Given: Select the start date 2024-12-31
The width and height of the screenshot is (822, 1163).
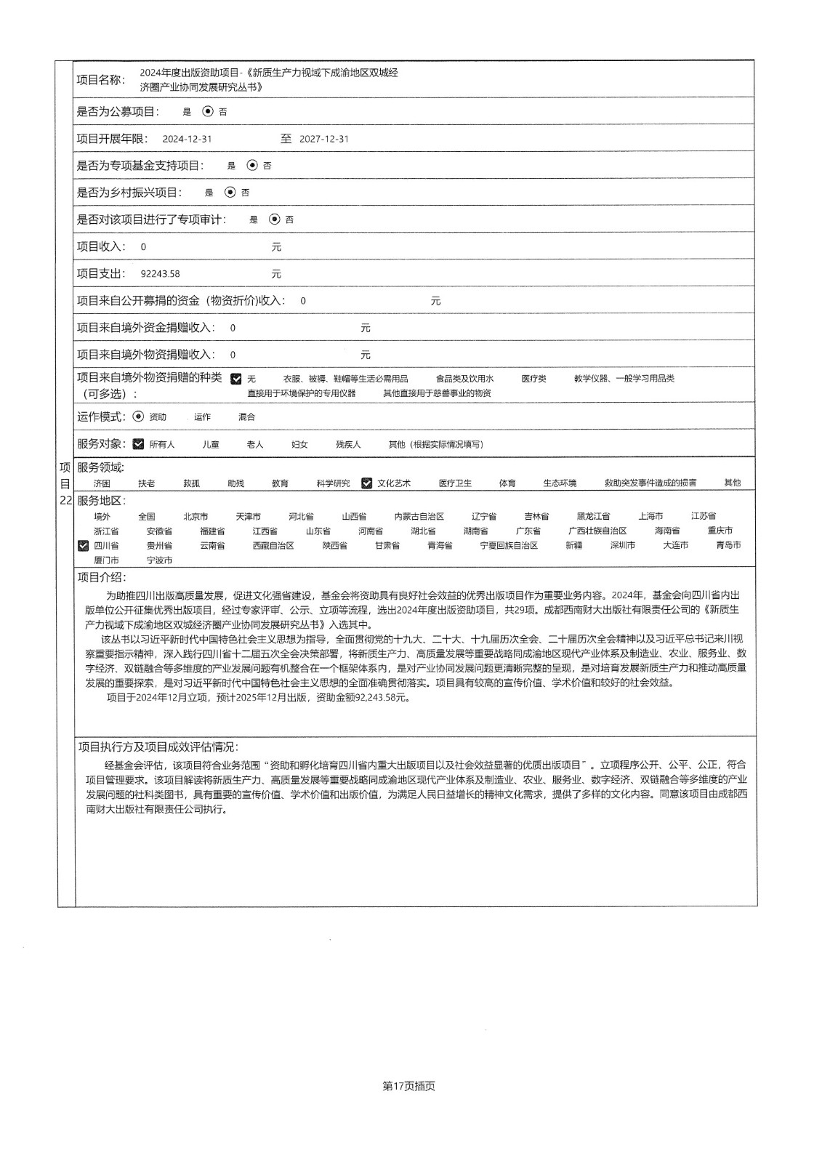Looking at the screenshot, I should click(187, 139).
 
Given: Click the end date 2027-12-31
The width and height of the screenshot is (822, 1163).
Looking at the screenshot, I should click(324, 139).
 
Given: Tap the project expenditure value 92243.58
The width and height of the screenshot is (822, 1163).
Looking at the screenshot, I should click(160, 274).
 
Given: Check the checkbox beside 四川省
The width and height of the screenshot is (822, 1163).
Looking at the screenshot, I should click(84, 546).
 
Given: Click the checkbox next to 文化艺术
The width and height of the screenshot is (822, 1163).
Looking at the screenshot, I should click(367, 483).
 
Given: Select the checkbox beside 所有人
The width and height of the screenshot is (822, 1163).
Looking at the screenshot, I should click(139, 444).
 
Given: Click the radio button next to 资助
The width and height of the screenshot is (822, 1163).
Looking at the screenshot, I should click(138, 416).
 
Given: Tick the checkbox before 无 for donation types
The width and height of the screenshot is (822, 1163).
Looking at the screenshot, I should click(236, 379).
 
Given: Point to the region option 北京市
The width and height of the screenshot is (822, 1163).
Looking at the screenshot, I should click(196, 516).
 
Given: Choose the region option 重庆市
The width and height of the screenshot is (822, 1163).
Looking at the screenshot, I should click(720, 531).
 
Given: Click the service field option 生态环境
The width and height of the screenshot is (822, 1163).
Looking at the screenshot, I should click(560, 483).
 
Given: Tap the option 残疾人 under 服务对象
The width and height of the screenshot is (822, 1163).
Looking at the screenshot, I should click(348, 444).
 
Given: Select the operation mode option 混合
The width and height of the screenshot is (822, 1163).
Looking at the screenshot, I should click(246, 417).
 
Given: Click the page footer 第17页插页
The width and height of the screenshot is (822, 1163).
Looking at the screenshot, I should click(408, 1086).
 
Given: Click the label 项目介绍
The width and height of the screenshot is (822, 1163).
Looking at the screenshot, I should click(101, 577).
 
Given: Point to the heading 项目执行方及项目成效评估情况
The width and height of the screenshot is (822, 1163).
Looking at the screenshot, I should click(158, 747).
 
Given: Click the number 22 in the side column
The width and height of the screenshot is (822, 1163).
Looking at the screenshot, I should click(65, 500).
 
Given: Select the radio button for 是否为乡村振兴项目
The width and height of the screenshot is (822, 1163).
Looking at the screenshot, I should click(230, 193).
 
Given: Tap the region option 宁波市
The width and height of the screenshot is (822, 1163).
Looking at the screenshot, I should click(159, 560).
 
